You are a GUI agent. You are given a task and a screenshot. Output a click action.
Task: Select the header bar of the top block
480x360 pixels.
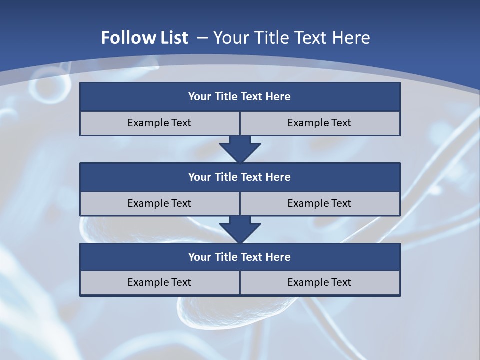coord(240,97)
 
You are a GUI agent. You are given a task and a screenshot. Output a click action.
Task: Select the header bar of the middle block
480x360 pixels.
coord(240,177)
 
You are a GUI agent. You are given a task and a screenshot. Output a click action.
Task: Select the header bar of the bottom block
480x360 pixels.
coord(240,257)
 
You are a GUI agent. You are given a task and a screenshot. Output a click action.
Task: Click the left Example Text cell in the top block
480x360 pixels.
coord(159,123)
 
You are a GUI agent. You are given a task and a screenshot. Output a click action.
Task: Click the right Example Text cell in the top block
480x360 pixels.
coord(319,123)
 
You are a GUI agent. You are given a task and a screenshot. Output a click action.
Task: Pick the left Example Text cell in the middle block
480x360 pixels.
coord(159,203)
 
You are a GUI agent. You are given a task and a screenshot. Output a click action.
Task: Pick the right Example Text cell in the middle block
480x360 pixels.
coord(319,203)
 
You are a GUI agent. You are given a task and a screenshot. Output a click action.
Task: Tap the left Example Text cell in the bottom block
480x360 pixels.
coord(159,282)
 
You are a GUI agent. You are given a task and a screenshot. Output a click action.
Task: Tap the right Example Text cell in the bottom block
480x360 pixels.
coord(319,282)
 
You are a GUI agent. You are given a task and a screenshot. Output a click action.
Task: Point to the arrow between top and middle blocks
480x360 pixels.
coord(240,149)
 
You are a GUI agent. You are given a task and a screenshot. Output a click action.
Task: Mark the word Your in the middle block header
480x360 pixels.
coord(199,177)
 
